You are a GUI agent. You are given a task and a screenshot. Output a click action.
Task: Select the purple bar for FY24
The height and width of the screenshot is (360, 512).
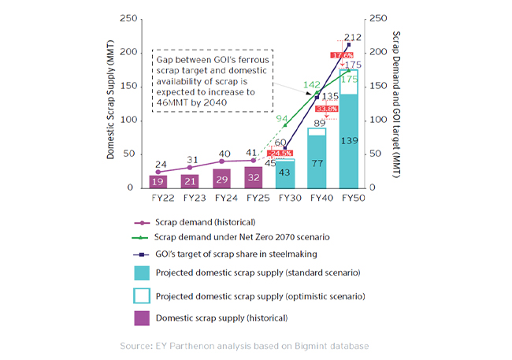click(x=222, y=178)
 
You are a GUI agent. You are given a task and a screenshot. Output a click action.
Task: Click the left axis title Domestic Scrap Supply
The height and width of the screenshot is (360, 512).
click(x=112, y=103)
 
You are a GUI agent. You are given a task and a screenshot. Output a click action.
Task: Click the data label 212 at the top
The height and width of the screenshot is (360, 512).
click(x=352, y=37)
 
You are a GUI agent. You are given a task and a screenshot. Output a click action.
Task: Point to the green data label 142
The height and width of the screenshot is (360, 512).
click(x=313, y=85)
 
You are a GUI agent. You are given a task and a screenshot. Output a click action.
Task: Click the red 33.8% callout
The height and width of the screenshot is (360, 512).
click(x=328, y=109)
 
